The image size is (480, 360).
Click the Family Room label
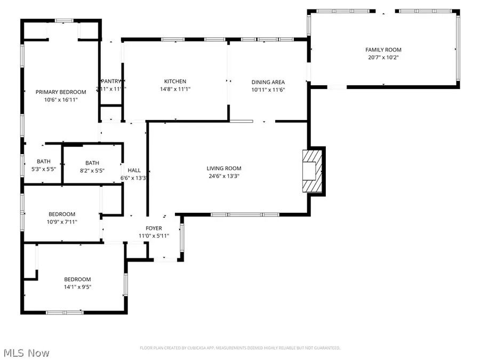click(x=383, y=50)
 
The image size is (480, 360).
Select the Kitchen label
click(x=175, y=82)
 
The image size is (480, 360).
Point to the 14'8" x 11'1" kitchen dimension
click(x=175, y=89)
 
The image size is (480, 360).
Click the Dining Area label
click(x=268, y=82)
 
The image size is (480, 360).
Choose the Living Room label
click(x=224, y=169)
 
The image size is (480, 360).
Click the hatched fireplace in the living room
click(x=311, y=171)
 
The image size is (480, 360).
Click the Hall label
click(x=134, y=171)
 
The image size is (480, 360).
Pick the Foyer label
click(x=154, y=228)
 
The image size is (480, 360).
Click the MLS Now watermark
click(x=27, y=353)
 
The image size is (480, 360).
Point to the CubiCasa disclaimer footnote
click(x=240, y=348)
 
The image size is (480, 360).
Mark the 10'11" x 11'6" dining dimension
click(x=268, y=90)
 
